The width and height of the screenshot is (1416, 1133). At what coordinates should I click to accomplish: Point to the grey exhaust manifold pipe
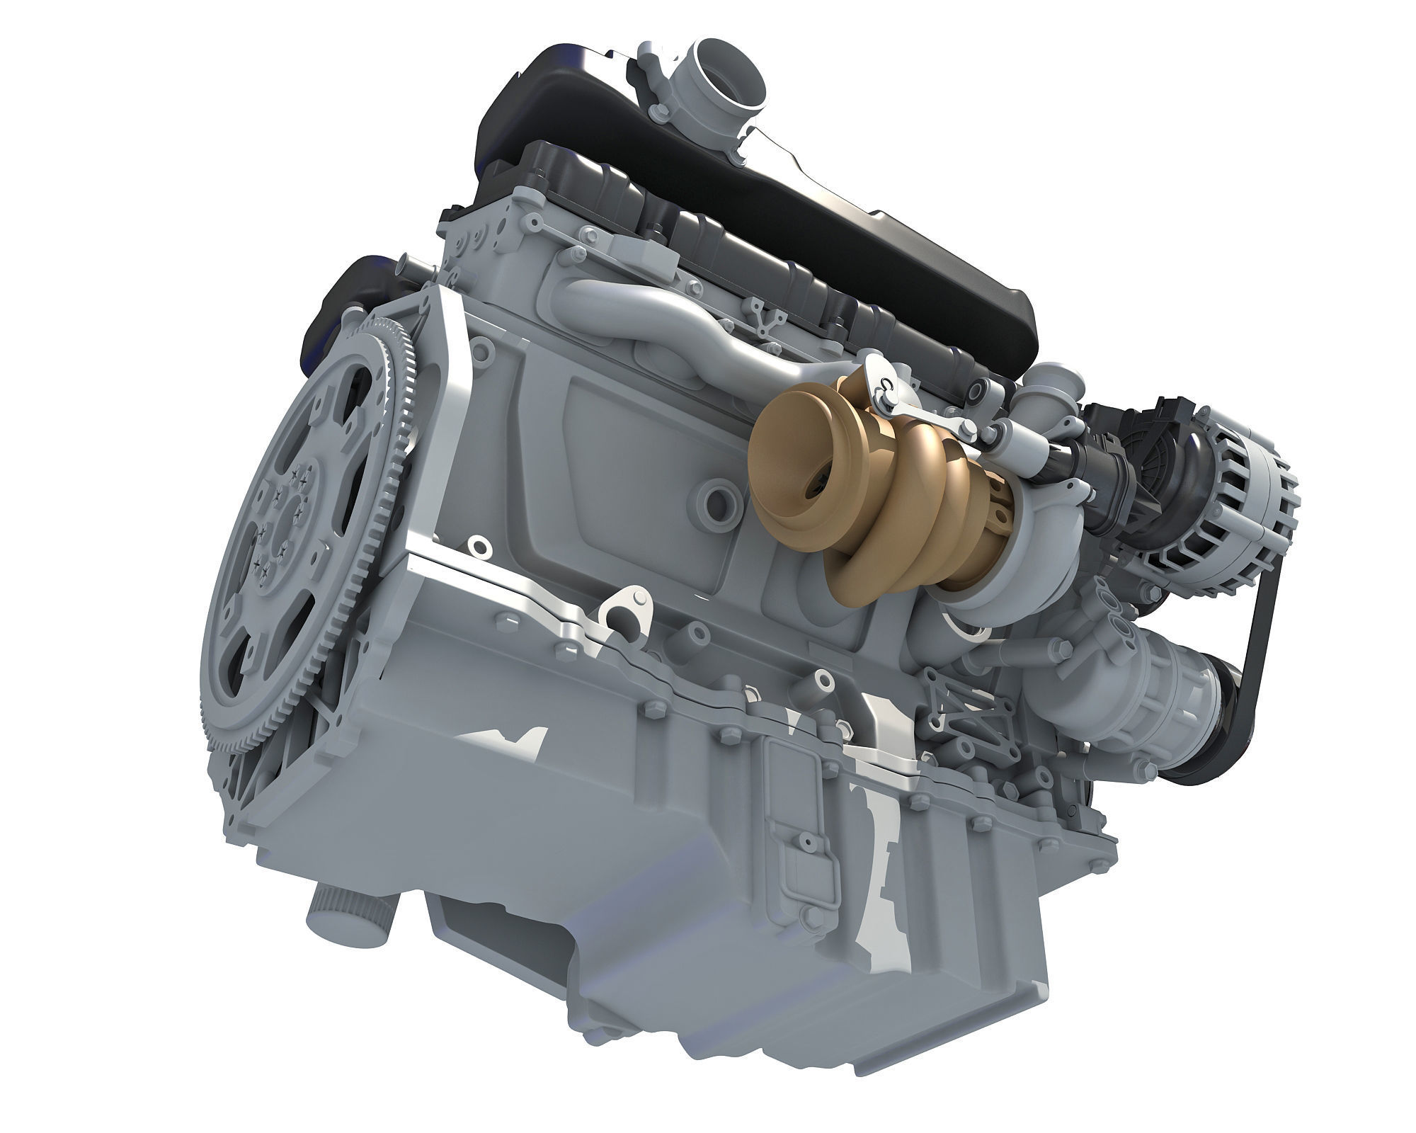pyautogui.click(x=680, y=312)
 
